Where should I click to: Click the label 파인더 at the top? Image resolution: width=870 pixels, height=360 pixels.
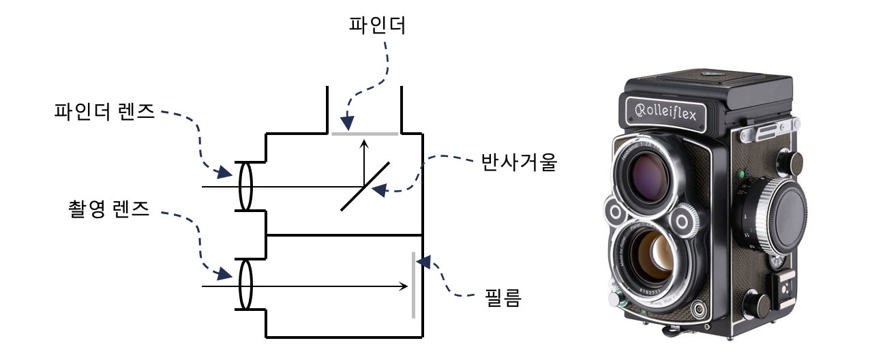coord(387,27)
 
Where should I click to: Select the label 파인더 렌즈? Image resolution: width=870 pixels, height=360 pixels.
coord(104,112)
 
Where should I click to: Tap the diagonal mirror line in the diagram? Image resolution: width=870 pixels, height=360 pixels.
coord(365,186)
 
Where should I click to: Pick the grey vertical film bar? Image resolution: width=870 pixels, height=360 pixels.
coord(413,285)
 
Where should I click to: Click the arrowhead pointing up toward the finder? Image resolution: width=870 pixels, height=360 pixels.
coord(364,142)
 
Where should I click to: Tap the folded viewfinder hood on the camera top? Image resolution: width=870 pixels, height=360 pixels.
coord(709,85)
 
